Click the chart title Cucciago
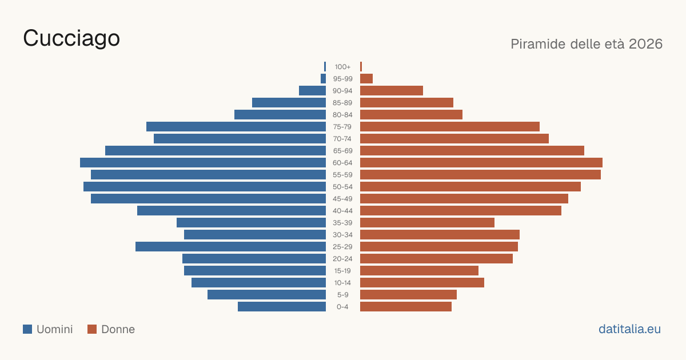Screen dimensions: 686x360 (x=71, y=39)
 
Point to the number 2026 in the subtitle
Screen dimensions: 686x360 (x=645, y=44)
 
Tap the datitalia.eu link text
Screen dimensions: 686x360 (x=629, y=329)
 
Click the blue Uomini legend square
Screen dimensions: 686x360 (x=27, y=329)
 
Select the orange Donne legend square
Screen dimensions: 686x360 (x=92, y=329)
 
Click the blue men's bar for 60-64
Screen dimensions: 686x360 (x=203, y=162)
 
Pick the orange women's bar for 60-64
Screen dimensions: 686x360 (x=481, y=162)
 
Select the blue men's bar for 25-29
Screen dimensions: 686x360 (x=230, y=247)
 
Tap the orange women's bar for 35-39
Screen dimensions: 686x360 (x=427, y=222)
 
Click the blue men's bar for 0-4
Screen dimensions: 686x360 (x=282, y=307)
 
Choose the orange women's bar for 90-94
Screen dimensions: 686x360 (x=392, y=91)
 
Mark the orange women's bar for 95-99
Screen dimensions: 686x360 (x=366, y=79)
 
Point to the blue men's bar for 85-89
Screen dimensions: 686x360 (x=289, y=102)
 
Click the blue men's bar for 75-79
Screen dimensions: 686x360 (x=236, y=127)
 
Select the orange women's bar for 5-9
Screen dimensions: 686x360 (x=408, y=295)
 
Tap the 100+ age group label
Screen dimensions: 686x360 (x=342, y=67)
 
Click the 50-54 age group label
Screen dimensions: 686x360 (x=342, y=187)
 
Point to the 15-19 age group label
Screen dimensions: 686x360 (x=342, y=271)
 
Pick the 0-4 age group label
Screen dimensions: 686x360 (x=342, y=307)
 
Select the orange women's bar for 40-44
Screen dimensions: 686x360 (x=461, y=211)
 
